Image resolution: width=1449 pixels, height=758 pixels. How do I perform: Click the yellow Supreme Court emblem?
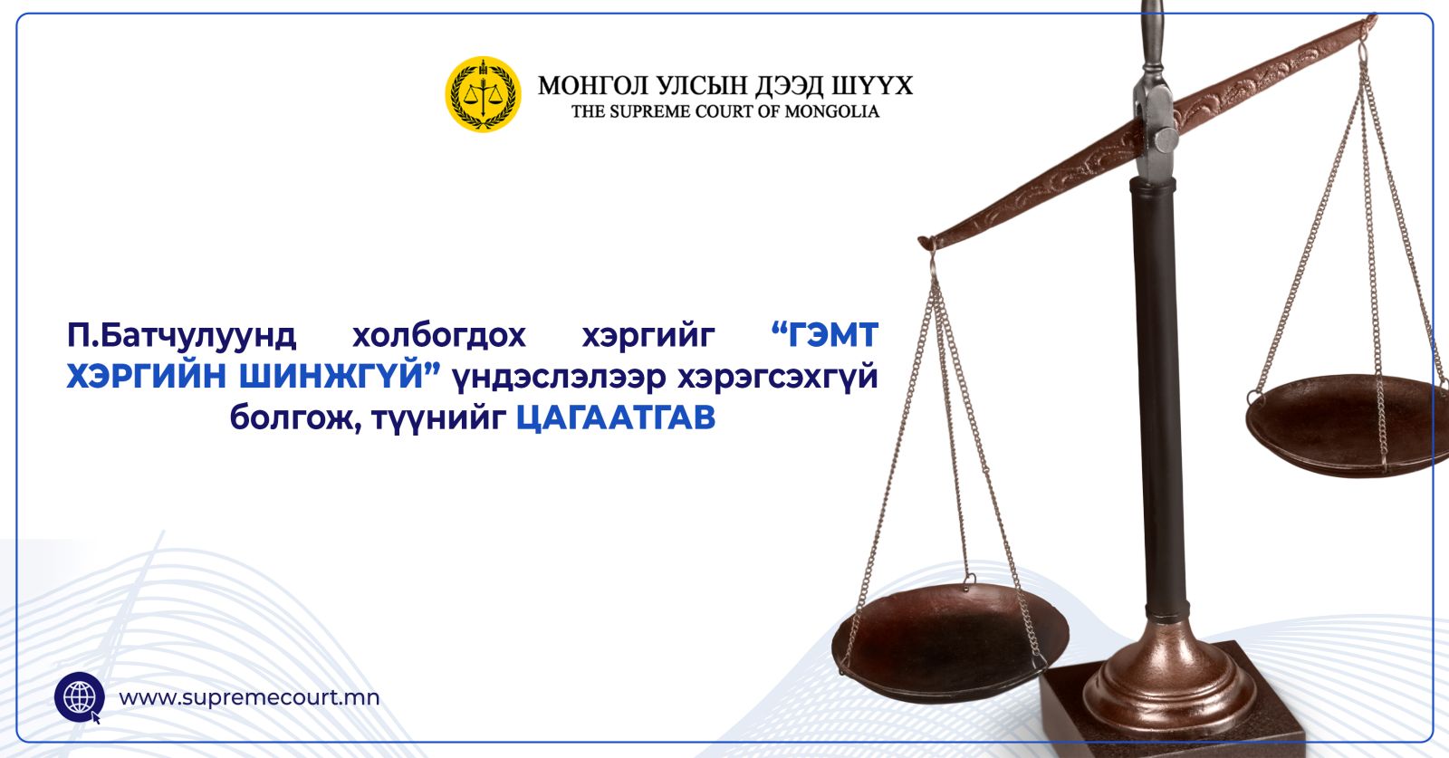coord(483,94)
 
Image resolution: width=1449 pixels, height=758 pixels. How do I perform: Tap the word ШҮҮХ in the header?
coord(872,85)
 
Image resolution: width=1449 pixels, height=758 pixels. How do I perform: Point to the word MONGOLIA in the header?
coord(832,111)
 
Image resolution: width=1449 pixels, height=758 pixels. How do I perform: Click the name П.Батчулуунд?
coord(181,336)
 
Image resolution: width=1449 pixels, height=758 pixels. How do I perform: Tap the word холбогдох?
coord(439,335)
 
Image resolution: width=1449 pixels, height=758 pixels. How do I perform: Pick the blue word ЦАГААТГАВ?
coord(616,417)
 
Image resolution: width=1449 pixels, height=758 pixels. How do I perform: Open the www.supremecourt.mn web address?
coord(249,698)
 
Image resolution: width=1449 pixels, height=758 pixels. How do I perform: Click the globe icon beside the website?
coord(80,697)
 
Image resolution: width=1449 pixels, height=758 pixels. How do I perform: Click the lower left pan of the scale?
coord(950,643)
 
